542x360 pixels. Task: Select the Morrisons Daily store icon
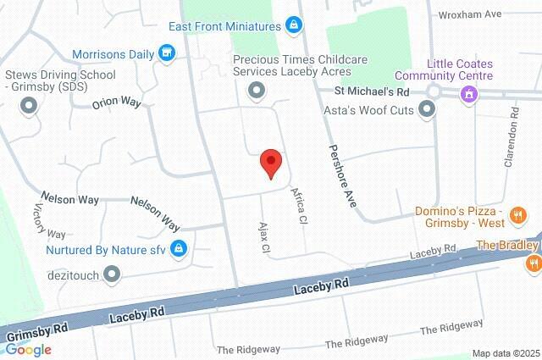pos(168,54)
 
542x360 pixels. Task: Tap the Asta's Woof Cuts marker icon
pos(427,108)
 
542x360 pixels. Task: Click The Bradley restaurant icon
pos(532,263)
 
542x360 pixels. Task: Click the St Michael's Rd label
pos(371,90)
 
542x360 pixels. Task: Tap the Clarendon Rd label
pos(511,138)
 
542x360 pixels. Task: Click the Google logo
pos(27,350)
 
